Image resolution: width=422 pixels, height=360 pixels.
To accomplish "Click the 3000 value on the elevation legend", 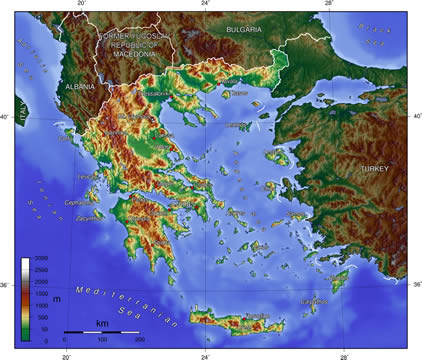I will point(41,259).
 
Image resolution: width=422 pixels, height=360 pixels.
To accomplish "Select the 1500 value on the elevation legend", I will point(41,294).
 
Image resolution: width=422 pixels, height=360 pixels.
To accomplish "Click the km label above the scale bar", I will point(101,323).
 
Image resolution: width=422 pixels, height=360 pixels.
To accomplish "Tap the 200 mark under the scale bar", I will point(139,340).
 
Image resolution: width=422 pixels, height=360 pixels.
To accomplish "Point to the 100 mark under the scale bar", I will point(102,340).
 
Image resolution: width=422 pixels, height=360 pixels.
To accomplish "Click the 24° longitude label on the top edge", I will point(205,5).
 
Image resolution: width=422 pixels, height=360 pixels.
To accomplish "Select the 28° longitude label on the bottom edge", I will point(343,354).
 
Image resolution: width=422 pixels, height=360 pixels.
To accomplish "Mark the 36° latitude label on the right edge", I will point(415,285).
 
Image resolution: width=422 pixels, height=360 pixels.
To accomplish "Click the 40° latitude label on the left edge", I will point(5,116).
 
